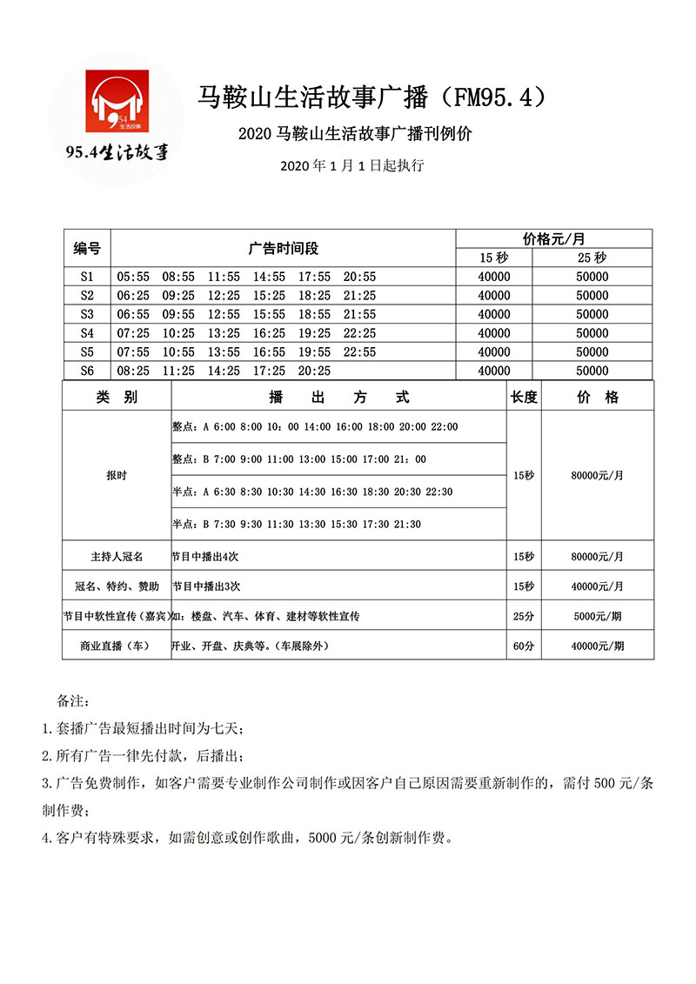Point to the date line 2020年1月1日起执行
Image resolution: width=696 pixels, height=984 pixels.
[352, 165]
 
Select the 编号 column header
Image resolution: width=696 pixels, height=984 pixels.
[87, 248]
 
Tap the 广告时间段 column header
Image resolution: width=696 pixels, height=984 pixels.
[284, 248]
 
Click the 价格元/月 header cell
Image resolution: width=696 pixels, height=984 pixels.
[553, 238]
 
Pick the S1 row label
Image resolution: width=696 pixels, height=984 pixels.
[87, 277]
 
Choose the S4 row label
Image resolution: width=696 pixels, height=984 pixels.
[87, 333]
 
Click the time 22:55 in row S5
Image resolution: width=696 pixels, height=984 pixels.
[359, 351]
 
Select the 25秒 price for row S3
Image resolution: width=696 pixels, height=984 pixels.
[592, 314]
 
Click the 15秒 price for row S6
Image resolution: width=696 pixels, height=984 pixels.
[494, 371]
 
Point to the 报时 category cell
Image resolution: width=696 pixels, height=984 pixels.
[117, 476]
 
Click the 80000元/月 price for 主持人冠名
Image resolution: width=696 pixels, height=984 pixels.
[597, 555]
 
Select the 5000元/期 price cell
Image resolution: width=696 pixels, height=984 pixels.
[597, 616]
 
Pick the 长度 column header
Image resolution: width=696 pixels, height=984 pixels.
[524, 397]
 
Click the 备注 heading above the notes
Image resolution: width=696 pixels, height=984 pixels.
[72, 700]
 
